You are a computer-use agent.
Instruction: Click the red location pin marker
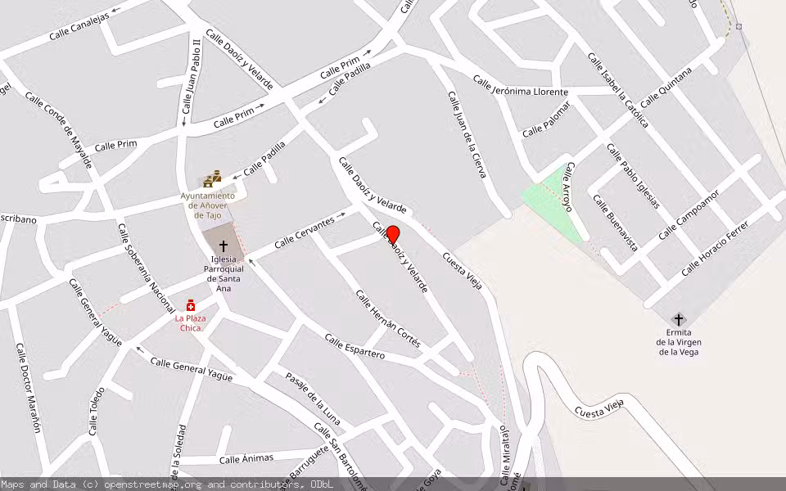(x=393, y=234)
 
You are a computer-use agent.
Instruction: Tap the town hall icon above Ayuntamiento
(x=213, y=179)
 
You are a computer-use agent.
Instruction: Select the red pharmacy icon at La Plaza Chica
(x=191, y=305)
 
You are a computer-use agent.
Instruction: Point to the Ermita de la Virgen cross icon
(x=678, y=319)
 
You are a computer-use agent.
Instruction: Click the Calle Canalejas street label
(x=79, y=25)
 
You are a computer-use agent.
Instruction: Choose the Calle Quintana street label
(x=666, y=88)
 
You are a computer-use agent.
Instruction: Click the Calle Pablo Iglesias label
(x=633, y=176)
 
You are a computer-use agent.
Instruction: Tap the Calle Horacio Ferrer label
(x=715, y=247)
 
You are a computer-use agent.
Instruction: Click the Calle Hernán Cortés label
(x=388, y=318)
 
